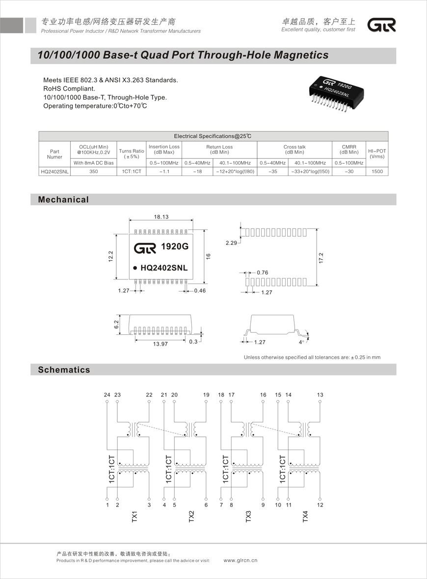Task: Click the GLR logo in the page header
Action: click(x=382, y=25)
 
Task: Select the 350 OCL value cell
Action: click(x=93, y=172)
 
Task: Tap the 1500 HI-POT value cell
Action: click(x=377, y=172)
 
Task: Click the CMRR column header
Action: click(x=348, y=150)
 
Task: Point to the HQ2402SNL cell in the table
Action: click(x=54, y=172)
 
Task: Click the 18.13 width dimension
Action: click(x=161, y=217)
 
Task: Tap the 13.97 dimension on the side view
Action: click(x=160, y=344)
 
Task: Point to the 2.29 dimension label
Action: click(x=232, y=243)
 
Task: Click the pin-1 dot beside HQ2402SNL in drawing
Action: click(x=134, y=268)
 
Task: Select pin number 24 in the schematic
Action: click(x=107, y=395)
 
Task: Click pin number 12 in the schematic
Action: click(x=320, y=504)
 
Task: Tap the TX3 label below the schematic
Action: click(x=248, y=517)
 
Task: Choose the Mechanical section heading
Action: click(x=63, y=200)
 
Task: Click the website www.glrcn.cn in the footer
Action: click(x=240, y=560)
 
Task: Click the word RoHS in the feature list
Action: click(x=52, y=89)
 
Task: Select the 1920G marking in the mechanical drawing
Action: click(x=175, y=247)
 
